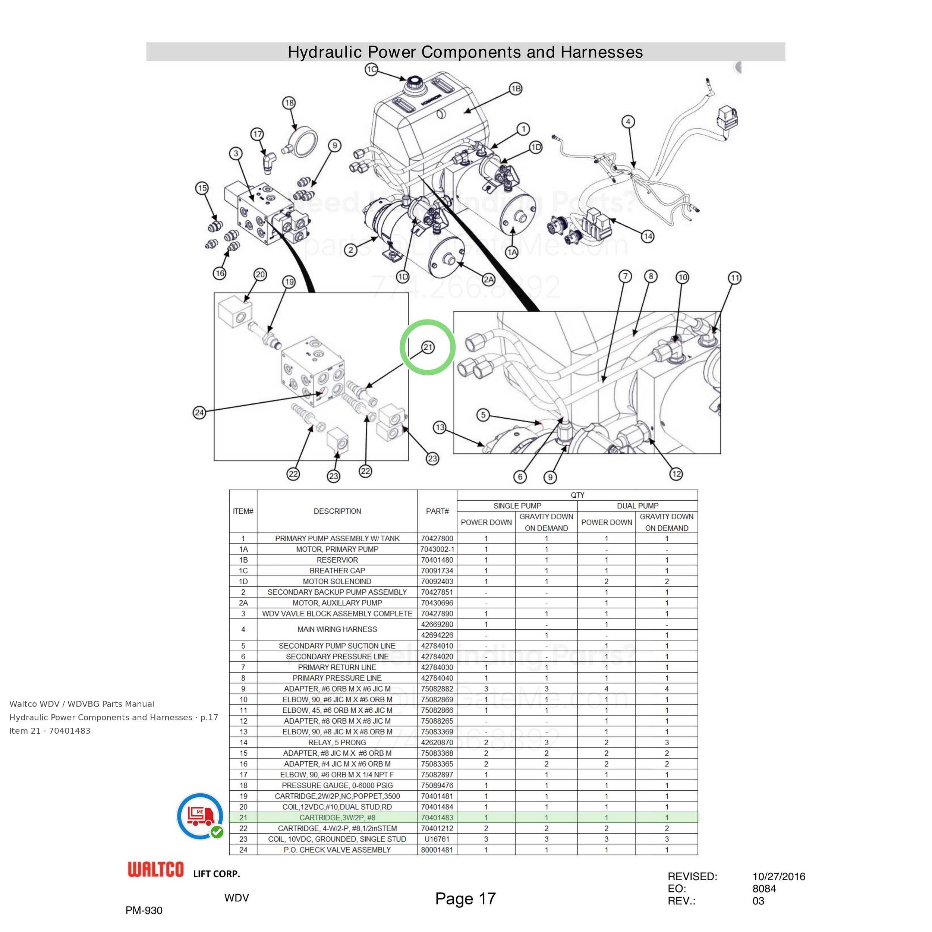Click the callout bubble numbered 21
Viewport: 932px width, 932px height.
click(x=428, y=347)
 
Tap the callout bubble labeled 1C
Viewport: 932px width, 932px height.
click(x=371, y=69)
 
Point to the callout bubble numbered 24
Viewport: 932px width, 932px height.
click(x=199, y=412)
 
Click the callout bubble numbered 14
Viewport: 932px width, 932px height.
click(x=648, y=236)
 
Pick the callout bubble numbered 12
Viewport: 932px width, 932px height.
click(x=677, y=474)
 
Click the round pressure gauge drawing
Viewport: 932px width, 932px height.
click(x=302, y=141)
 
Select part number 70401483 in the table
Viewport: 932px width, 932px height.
click(x=437, y=818)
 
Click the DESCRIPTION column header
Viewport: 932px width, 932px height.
click(x=337, y=511)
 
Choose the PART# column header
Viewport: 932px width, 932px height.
click(x=437, y=511)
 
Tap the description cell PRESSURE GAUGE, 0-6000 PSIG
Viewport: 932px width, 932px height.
click(x=337, y=785)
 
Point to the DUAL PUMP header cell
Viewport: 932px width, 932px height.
click(x=638, y=506)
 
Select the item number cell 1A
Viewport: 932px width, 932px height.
click(x=243, y=549)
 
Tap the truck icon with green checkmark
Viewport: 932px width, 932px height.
click(x=201, y=817)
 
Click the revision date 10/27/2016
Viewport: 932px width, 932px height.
click(x=779, y=876)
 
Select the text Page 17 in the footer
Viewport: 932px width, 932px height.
click(x=466, y=899)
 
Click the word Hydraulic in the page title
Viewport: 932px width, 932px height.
click(x=325, y=52)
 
